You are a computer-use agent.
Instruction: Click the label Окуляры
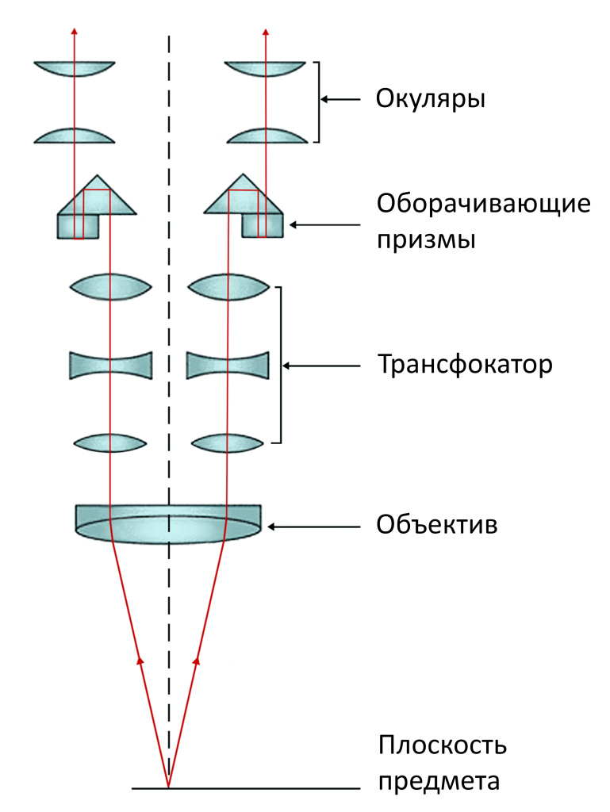click(430, 100)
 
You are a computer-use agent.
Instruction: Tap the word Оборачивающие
click(484, 205)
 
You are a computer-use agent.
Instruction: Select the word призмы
click(426, 240)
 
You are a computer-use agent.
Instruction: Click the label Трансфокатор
click(464, 366)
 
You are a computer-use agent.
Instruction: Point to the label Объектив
click(437, 525)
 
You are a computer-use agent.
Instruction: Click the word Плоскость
click(442, 747)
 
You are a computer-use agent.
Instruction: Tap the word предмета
click(439, 782)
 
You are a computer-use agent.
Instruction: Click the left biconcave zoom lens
click(111, 366)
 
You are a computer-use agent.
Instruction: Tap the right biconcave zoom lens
click(228, 366)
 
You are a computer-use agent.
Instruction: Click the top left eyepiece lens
click(75, 68)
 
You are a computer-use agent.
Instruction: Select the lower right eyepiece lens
click(267, 136)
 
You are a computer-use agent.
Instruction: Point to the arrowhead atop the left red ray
click(75, 32)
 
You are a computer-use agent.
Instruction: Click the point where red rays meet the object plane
click(168, 787)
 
